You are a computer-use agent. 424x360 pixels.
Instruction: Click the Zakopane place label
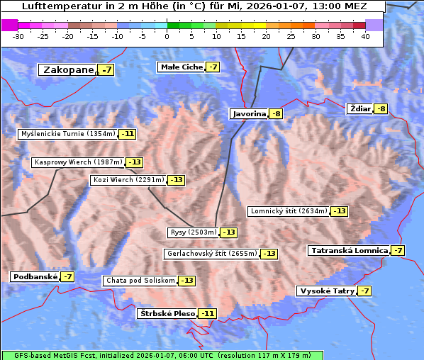(x=68, y=69)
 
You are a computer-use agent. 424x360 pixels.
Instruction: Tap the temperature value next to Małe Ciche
(x=212, y=67)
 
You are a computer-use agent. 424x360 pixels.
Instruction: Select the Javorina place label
(x=249, y=113)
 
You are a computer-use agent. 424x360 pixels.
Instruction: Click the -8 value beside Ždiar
(x=381, y=108)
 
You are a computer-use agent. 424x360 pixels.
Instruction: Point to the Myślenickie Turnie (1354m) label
(x=67, y=133)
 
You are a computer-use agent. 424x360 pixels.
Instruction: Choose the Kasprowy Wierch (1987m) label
(x=78, y=162)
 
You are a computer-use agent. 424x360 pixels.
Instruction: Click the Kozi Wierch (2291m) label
(x=128, y=180)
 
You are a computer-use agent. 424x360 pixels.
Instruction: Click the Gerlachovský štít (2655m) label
(x=211, y=254)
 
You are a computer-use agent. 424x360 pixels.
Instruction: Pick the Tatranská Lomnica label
(x=349, y=250)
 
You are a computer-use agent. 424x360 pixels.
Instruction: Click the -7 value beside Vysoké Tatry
(x=364, y=291)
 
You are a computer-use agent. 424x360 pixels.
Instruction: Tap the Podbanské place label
(x=35, y=276)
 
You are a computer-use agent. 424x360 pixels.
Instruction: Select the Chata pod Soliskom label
(x=139, y=281)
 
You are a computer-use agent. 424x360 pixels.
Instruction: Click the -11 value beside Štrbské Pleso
(x=207, y=313)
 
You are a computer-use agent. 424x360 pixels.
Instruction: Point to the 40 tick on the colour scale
(x=365, y=36)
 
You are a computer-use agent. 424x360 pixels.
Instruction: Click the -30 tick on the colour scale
(x=18, y=36)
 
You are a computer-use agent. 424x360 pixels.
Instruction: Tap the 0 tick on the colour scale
(x=167, y=36)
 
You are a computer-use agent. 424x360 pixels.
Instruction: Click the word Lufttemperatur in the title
(x=55, y=6)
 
